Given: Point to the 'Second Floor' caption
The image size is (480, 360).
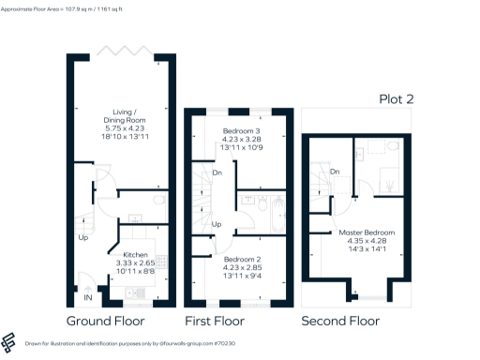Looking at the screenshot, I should pos(340,321).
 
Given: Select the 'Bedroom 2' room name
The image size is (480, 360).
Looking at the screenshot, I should pos(242,258).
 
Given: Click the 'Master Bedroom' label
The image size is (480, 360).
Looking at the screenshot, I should pos(367,232).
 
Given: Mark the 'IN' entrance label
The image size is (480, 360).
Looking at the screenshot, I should pos(88,298).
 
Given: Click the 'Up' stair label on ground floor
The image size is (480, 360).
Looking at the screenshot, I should pos(83,237).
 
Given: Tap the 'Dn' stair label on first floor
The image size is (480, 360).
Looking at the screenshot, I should pos(216,172).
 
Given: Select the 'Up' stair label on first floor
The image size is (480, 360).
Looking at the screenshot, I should pos(217,224).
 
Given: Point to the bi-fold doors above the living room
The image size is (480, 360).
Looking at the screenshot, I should pos(121,50).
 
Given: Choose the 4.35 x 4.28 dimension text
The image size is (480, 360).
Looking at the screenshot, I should pos(367,241).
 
